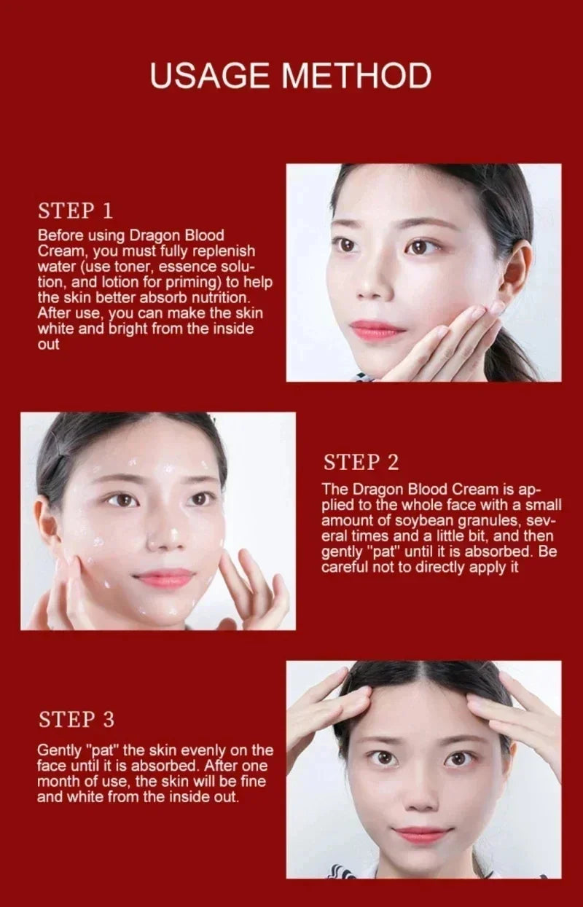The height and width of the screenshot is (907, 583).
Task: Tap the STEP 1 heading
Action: [x=75, y=211]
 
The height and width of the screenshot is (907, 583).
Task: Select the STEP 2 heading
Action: [x=361, y=462]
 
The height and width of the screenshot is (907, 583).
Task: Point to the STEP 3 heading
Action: [x=77, y=720]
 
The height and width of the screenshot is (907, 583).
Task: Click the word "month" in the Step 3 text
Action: [x=58, y=782]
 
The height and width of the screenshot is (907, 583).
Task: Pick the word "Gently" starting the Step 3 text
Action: [x=60, y=750]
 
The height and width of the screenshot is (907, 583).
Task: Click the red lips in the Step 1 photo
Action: [x=377, y=329]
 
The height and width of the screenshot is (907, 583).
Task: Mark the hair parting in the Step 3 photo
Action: [x=426, y=674]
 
